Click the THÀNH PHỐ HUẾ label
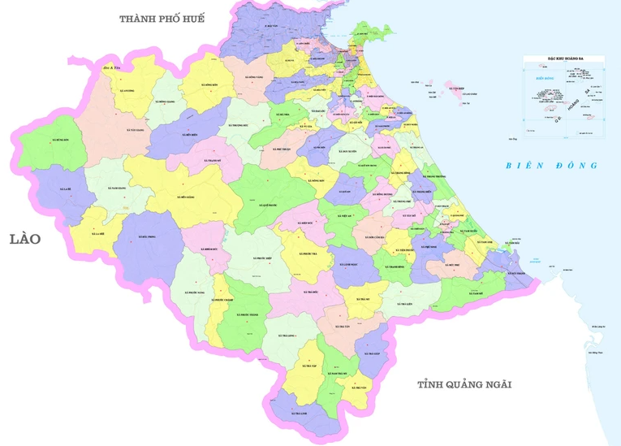(162, 18)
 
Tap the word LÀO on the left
(25, 239)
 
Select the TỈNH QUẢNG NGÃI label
(465, 384)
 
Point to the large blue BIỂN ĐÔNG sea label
(551, 166)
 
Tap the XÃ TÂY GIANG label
(135, 130)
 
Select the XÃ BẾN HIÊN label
(191, 136)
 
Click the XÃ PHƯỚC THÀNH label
(247, 314)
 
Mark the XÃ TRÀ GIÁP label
(372, 354)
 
